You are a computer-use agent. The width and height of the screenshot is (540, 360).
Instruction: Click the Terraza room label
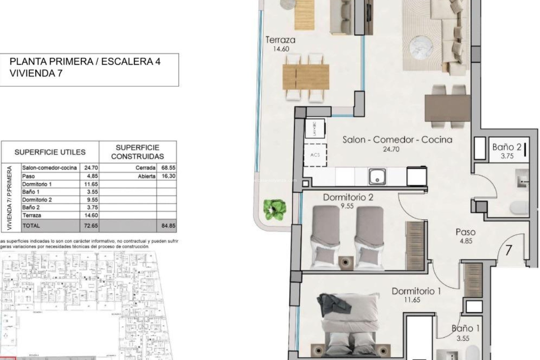tap(280, 40)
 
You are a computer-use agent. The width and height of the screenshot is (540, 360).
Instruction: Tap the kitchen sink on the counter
tap(377, 177)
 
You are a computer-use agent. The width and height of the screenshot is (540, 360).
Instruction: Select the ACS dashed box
tap(315, 155)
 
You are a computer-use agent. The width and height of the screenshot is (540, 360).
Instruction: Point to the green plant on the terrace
tap(275, 209)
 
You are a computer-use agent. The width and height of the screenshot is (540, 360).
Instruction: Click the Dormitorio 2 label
tap(348, 197)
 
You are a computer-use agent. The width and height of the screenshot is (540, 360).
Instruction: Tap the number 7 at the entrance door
tap(508, 250)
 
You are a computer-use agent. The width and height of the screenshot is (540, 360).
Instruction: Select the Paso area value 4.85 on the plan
tap(466, 241)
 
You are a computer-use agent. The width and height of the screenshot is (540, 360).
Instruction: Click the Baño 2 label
tap(507, 147)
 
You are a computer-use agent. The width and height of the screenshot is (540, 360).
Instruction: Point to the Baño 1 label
tap(465, 328)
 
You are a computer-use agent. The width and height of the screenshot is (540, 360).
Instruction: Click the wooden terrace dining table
tap(306, 77)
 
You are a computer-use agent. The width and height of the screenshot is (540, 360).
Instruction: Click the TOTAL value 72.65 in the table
tap(91, 226)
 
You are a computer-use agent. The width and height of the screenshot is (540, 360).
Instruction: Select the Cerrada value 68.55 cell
tap(168, 168)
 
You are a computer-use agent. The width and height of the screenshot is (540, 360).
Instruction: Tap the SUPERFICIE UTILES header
tap(50, 152)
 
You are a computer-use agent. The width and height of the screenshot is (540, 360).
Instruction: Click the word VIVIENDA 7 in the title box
tap(36, 73)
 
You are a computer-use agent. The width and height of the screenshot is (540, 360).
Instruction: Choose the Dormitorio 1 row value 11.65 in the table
tap(91, 184)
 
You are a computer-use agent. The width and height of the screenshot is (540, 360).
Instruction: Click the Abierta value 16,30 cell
tap(168, 176)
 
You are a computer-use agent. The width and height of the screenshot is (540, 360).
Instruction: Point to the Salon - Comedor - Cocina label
tap(397, 140)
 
